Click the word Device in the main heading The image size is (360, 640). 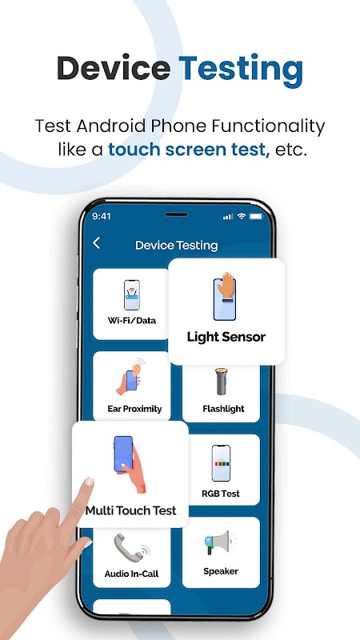point(114,68)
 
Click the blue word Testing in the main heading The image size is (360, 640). point(241,70)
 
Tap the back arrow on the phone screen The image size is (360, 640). point(96,243)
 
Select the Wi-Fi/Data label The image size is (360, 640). point(131,321)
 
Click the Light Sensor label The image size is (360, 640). point(226,337)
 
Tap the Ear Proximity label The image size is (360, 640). point(134,409)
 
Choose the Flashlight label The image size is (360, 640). point(224,409)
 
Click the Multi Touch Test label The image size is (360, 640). point(130,510)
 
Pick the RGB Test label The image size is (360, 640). point(221,494)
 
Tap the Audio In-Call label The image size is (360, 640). point(131,574)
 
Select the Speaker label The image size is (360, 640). point(221,571)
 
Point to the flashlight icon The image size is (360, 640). point(222,382)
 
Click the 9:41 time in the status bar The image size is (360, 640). point(102,216)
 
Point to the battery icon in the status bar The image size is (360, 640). point(256,216)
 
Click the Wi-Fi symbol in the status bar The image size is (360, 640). point(242,216)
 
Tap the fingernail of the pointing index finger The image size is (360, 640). point(89,482)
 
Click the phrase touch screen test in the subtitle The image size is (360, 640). point(189,150)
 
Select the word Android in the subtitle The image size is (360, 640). point(110,126)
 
